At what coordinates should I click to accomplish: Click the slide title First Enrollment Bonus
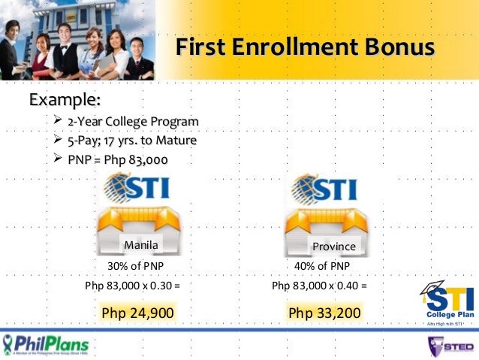pyautogui.click(x=305, y=48)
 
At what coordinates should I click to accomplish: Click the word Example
pyautogui.click(x=65, y=98)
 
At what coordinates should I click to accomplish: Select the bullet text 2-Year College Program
pyautogui.click(x=133, y=122)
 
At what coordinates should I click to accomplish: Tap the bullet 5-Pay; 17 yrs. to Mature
pyautogui.click(x=131, y=141)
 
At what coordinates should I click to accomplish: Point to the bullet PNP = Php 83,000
pyautogui.click(x=117, y=160)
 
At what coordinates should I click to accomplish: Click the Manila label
pyautogui.click(x=141, y=244)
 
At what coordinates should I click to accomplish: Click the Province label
pyautogui.click(x=334, y=246)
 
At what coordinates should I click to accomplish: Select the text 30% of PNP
pyautogui.click(x=136, y=267)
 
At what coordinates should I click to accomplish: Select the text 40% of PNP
pyautogui.click(x=323, y=267)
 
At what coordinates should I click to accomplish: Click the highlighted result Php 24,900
pyautogui.click(x=137, y=312)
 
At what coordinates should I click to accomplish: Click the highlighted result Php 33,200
pyautogui.click(x=324, y=312)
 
